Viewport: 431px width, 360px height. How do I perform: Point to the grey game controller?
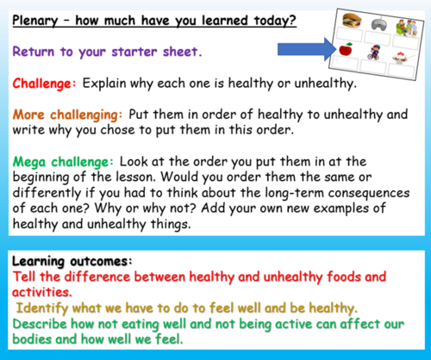tap(379, 24)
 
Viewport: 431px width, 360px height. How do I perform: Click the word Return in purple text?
tap(34, 52)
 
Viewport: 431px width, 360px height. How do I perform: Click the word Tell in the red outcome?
tap(25, 277)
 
